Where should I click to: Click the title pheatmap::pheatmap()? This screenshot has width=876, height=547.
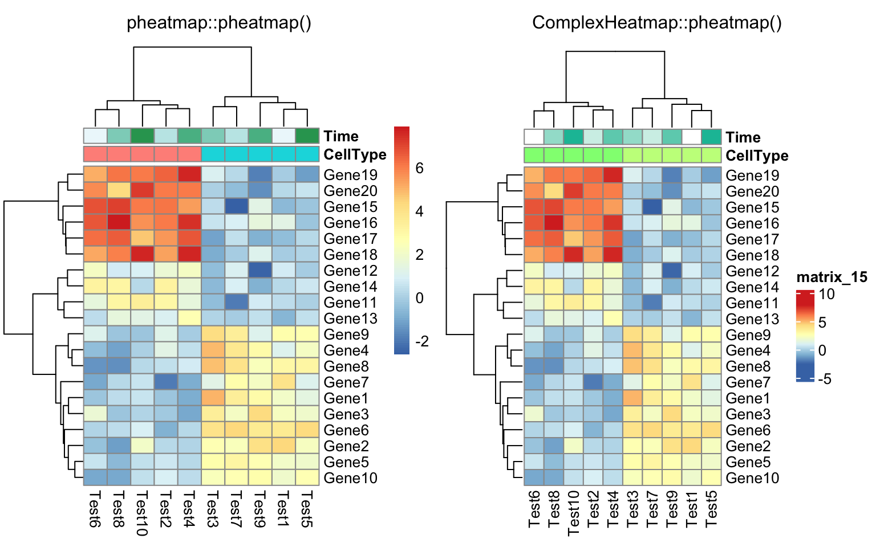coord(219,23)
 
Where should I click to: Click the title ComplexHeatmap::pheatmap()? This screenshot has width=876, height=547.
coord(657,23)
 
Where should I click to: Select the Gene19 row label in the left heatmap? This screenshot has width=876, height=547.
coord(351,175)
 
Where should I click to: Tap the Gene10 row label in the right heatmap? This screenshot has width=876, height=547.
coord(752,478)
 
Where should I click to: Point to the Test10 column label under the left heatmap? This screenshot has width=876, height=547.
coord(142,513)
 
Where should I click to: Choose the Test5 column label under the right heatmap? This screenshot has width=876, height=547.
coord(711,508)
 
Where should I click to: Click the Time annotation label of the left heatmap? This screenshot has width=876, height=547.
coord(341,136)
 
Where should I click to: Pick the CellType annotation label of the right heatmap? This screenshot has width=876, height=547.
coord(757,156)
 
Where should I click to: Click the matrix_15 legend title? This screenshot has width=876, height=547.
coord(832,277)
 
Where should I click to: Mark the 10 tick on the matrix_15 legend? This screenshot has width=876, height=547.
coord(826,295)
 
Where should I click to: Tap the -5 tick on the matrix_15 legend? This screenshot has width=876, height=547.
coord(825,379)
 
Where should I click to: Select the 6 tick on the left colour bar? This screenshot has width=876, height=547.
coord(419,168)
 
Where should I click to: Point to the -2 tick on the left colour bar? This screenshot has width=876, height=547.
coord(422,341)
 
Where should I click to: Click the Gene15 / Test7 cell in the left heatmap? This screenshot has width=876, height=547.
coord(237,206)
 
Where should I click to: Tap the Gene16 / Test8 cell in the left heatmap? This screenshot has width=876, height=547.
coord(119,222)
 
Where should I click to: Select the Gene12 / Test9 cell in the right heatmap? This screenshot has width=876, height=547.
coord(672,271)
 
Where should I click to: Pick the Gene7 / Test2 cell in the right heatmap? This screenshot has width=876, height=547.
coord(593,382)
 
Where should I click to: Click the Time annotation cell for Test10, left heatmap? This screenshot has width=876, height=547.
coord(142,136)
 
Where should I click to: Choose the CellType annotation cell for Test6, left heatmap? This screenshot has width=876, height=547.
coord(95,154)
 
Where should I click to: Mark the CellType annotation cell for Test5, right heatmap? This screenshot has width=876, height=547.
coord(711,155)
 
